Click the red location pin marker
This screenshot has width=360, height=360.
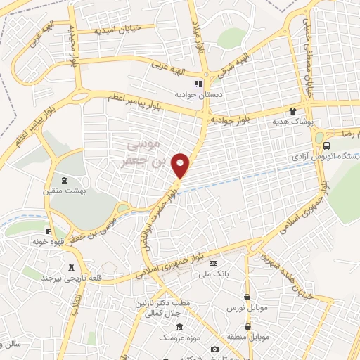tap(181, 165)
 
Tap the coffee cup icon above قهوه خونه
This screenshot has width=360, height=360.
tap(48, 231)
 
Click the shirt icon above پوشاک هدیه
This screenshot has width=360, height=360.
tap(293, 111)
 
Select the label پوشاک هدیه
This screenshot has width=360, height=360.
tap(291, 122)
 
